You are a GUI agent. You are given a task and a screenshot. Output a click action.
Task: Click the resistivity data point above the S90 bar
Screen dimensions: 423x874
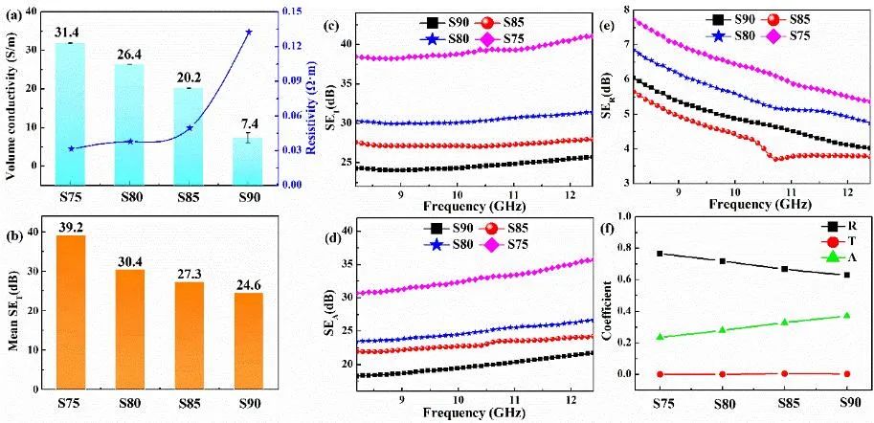tap(249, 32)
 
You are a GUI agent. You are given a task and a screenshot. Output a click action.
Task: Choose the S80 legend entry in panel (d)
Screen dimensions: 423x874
tap(446, 245)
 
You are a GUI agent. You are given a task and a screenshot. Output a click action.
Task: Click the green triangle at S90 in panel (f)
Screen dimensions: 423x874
tap(846, 316)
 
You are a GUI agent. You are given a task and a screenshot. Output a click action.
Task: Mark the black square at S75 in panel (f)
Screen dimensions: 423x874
tap(660, 254)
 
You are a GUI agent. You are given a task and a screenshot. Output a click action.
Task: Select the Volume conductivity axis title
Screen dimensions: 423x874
tap(11, 96)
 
